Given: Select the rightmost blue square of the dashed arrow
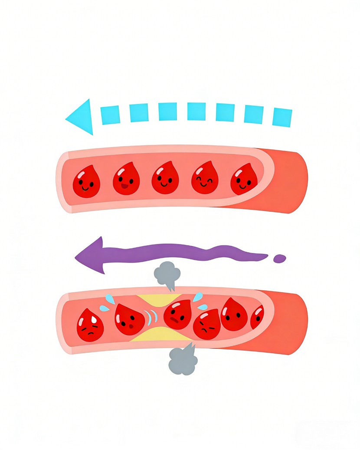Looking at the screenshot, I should pyautogui.click(x=282, y=117).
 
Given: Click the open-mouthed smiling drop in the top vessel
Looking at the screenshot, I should pyautogui.click(x=126, y=179).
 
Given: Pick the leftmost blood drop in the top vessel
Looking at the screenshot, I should pyautogui.click(x=86, y=182).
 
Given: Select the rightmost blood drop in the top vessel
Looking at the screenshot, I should pyautogui.click(x=244, y=180).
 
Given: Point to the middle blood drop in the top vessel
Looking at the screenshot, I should pyautogui.click(x=165, y=178).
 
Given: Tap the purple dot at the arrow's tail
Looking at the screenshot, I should pyautogui.click(x=280, y=259).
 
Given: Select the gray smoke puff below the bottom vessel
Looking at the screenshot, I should pyautogui.click(x=183, y=361).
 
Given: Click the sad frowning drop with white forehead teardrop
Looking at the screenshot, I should pyautogui.click(x=89, y=325).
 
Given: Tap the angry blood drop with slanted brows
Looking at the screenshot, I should pyautogui.click(x=206, y=325).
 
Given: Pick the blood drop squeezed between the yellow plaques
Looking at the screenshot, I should pyautogui.click(x=178, y=315).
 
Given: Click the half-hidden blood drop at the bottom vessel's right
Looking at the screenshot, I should pyautogui.click(x=257, y=318).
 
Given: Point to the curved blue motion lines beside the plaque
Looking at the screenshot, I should pyautogui.click(x=151, y=317).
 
